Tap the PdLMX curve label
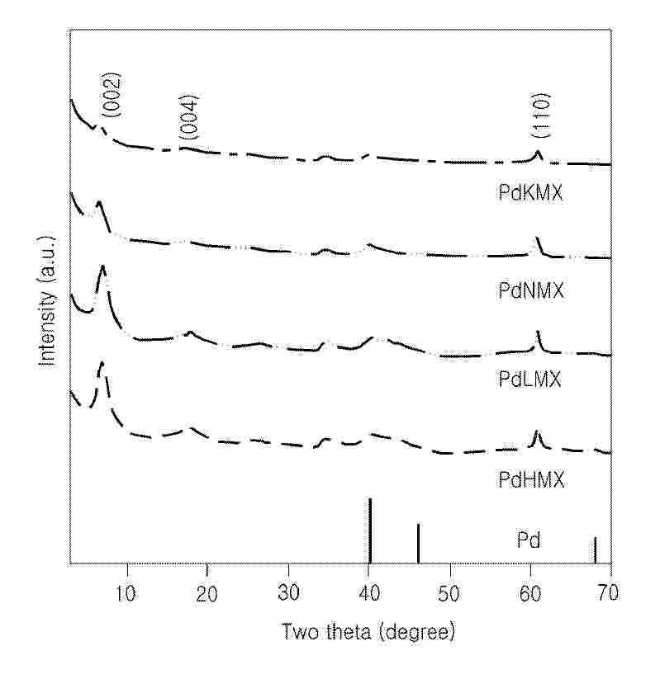(530, 380)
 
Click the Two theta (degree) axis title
(368, 633)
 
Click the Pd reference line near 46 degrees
(418, 544)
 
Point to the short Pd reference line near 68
(595, 550)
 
